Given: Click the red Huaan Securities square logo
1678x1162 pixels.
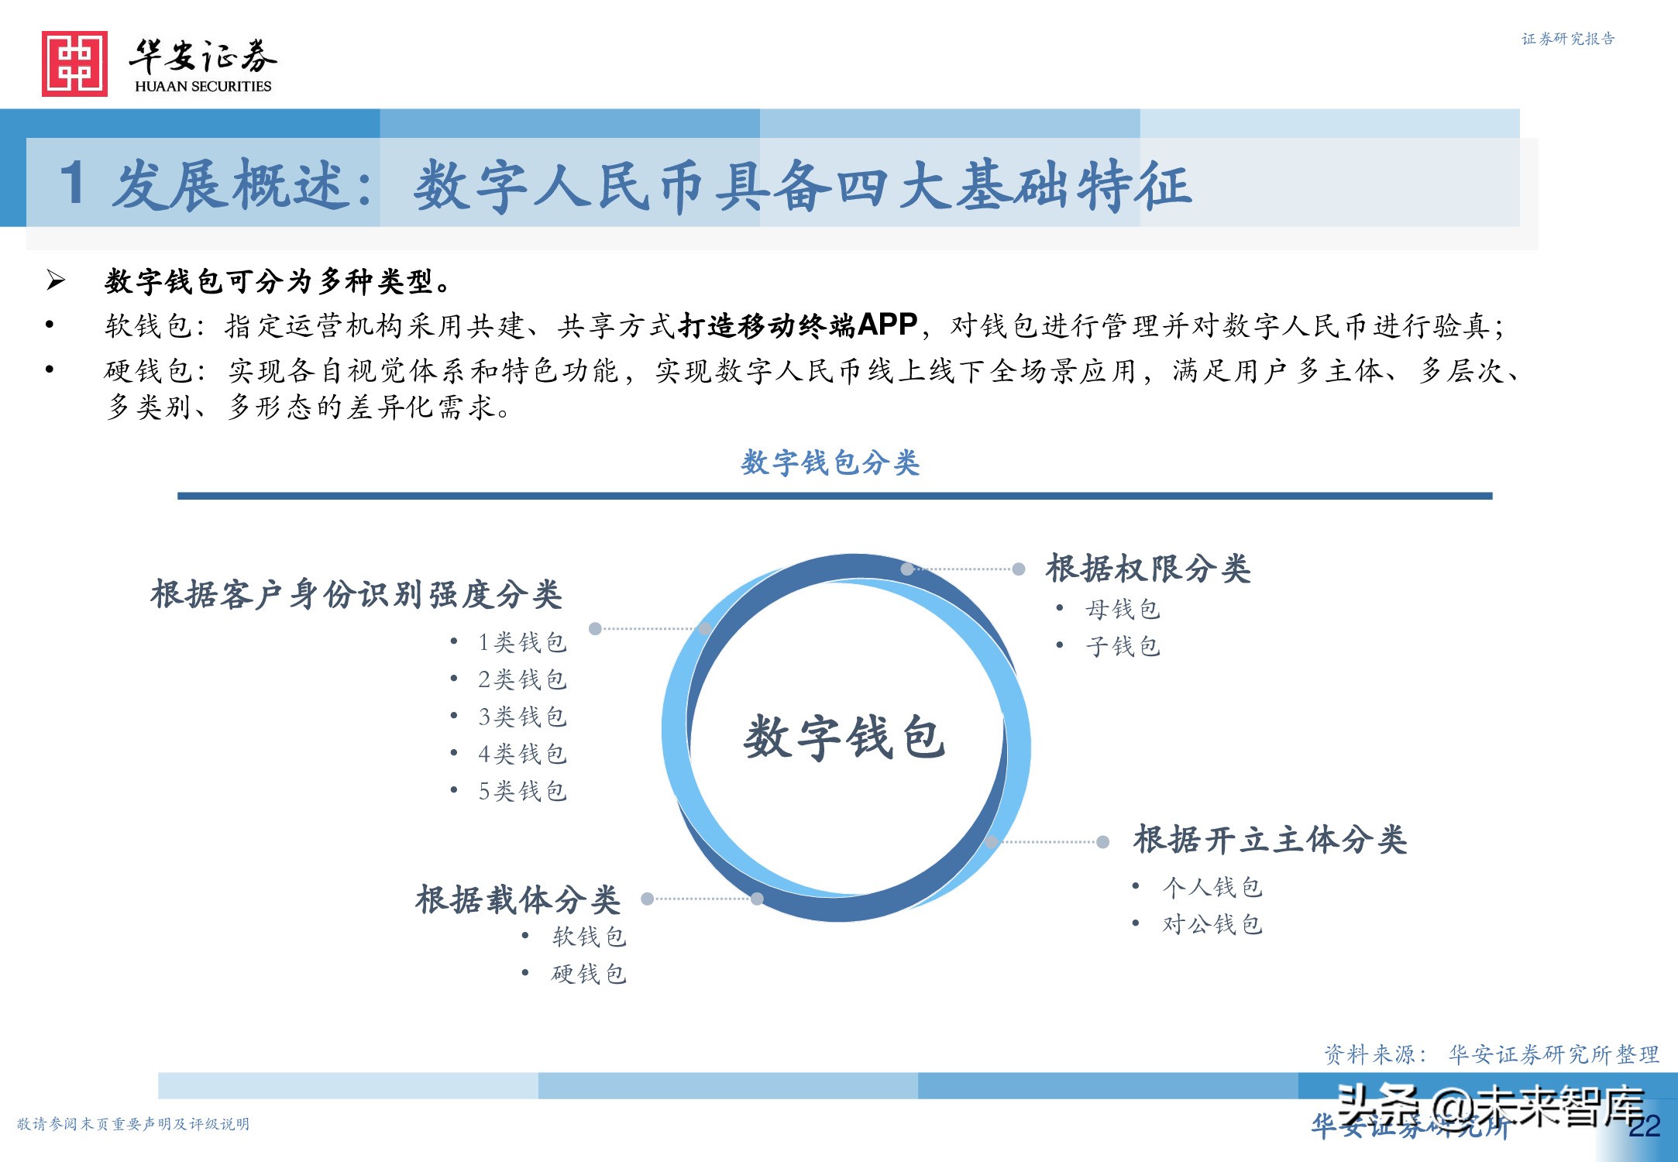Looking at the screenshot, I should pyautogui.click(x=74, y=64).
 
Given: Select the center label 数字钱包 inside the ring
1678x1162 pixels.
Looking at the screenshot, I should pyautogui.click(x=844, y=737).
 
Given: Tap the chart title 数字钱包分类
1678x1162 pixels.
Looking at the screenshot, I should pyautogui.click(x=830, y=462).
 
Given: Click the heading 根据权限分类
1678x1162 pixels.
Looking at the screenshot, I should pyautogui.click(x=1148, y=569).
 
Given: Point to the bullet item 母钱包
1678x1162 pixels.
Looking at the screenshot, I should pyautogui.click(x=1123, y=610).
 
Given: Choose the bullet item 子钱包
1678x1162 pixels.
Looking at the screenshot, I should pyautogui.click(x=1123, y=646).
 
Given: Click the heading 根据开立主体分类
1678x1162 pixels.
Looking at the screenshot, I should pyautogui.click(x=1270, y=840).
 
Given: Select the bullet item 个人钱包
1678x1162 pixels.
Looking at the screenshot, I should pyautogui.click(x=1212, y=887).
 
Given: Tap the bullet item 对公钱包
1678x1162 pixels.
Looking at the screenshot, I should pyautogui.click(x=1212, y=924).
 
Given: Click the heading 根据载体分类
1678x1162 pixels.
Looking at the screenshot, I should pyautogui.click(x=517, y=900).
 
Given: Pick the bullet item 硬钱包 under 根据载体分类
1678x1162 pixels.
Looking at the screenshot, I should pyautogui.click(x=589, y=974).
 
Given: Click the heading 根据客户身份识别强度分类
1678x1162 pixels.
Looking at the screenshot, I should pyautogui.click(x=356, y=595).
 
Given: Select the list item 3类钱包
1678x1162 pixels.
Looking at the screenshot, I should pyautogui.click(x=522, y=717).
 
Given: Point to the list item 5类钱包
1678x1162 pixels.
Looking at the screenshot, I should pyautogui.click(x=522, y=791).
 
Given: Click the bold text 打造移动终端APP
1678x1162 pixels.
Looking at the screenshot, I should pyautogui.click(x=798, y=325).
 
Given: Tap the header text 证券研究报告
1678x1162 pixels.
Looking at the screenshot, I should pyautogui.click(x=1568, y=39).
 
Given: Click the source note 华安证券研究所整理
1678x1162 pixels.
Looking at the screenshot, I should pyautogui.click(x=1553, y=1054).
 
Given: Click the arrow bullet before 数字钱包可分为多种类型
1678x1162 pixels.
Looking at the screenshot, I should pyautogui.click(x=56, y=280).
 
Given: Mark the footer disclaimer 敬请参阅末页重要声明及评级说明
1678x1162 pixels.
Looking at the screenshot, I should pyautogui.click(x=133, y=1124).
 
